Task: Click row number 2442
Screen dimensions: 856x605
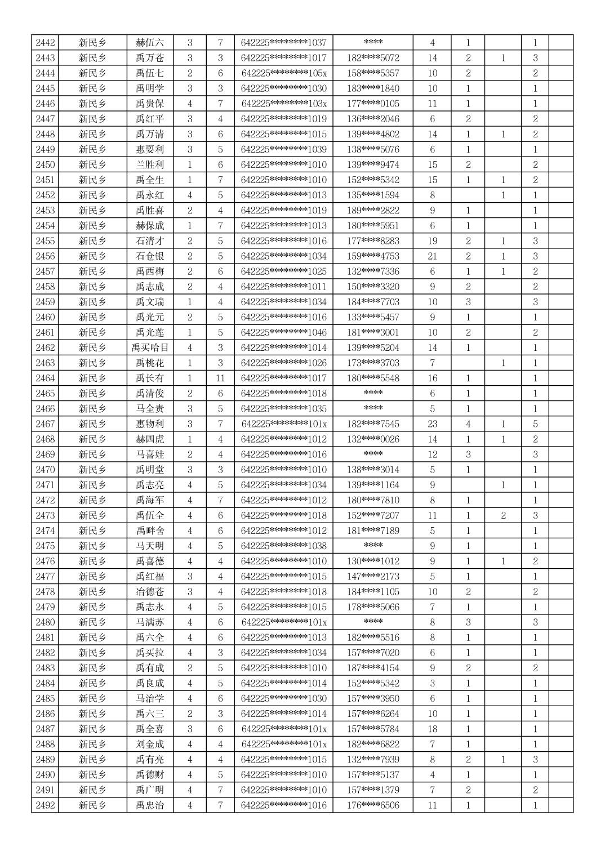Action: [x=45, y=43]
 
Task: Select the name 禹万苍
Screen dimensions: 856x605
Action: [x=150, y=58]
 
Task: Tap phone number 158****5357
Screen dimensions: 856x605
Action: [x=373, y=73]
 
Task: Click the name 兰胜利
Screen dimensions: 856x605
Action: [x=150, y=165]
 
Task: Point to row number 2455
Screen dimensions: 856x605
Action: [x=45, y=241]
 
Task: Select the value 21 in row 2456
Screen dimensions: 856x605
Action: [x=432, y=256]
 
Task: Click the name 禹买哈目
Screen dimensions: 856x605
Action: [x=150, y=348]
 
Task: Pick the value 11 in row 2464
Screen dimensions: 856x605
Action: [x=220, y=378]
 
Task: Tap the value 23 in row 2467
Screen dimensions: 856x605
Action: [x=432, y=424]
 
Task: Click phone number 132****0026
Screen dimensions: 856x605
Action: [x=373, y=439]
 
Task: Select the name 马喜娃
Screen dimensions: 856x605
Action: [x=150, y=454]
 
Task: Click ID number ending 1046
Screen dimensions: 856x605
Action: [x=283, y=333]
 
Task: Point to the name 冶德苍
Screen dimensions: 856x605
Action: [x=150, y=592]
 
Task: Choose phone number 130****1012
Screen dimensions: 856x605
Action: [x=373, y=561]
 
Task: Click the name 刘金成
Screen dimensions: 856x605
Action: [x=150, y=744]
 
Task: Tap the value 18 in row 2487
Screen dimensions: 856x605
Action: [x=432, y=729]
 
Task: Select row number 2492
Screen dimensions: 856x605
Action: [x=45, y=805]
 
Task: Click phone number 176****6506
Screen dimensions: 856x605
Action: [x=373, y=805]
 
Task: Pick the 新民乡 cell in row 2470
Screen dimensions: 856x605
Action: [x=92, y=470]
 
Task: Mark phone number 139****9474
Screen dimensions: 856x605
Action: [x=373, y=165]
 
